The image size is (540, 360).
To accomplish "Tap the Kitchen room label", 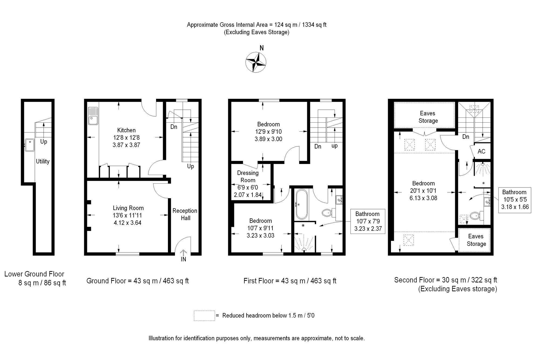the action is pyautogui.click(x=126, y=130).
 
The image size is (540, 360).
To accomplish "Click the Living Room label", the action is pyautogui.click(x=128, y=208).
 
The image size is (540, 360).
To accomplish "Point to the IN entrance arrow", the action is pyautogui.click(x=183, y=253).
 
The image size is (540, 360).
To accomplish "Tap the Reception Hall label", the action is pyautogui.click(x=185, y=214).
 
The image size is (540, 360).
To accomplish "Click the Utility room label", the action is pyautogui.click(x=43, y=161).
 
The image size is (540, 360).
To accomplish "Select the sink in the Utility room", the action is pyautogui.click(x=29, y=145).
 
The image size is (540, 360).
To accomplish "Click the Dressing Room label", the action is pyautogui.click(x=248, y=176).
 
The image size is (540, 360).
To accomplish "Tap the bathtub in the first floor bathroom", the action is pyautogui.click(x=302, y=204).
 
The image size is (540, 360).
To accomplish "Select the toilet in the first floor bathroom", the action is pyautogui.click(x=327, y=213).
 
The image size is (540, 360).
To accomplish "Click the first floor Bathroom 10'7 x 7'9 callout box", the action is pyautogui.click(x=368, y=221).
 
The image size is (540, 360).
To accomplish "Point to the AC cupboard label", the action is pyautogui.click(x=481, y=151).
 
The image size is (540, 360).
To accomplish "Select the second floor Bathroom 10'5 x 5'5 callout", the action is pyautogui.click(x=515, y=200).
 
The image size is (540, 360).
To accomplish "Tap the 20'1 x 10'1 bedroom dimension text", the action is pyautogui.click(x=423, y=191).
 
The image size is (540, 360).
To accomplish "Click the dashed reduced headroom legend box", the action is pyautogui.click(x=204, y=315).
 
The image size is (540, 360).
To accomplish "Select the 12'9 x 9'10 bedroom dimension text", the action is pyautogui.click(x=268, y=132).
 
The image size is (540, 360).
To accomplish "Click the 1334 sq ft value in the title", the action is pyautogui.click(x=314, y=25).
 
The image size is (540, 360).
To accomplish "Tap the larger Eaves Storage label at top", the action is pyautogui.click(x=428, y=117).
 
